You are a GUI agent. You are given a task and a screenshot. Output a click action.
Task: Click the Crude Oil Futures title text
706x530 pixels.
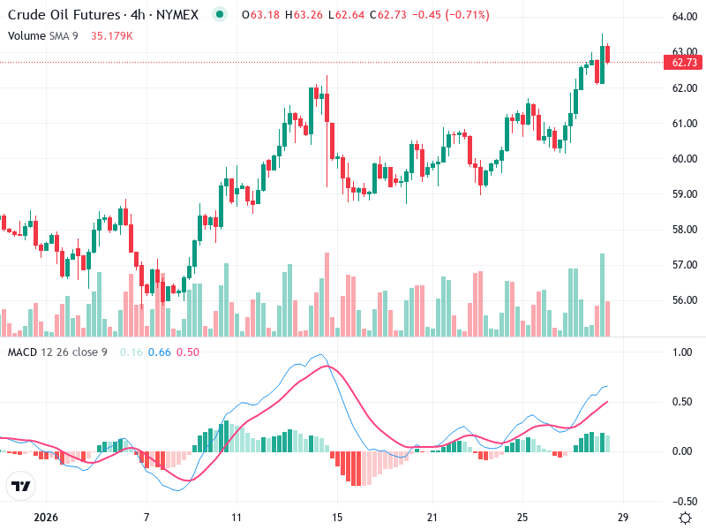point(63,15)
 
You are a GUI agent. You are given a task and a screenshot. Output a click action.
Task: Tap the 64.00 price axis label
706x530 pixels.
point(685,17)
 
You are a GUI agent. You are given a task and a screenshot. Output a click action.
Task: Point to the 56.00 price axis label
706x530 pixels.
point(685,300)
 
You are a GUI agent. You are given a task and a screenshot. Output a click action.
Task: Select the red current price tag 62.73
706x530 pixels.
point(685,63)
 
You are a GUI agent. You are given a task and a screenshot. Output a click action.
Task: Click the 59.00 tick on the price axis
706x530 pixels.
point(685,194)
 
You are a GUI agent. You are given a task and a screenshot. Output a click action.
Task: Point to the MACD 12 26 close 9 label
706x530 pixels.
point(57,352)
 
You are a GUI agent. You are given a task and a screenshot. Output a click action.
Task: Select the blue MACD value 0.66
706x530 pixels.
point(160,352)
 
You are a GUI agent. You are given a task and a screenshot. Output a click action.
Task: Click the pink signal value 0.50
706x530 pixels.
point(188,352)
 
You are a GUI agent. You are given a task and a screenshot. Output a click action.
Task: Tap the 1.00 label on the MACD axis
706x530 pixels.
point(681,352)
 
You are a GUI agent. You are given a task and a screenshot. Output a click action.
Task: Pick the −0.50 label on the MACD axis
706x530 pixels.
point(680,501)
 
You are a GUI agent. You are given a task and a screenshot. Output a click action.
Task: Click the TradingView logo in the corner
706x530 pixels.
point(21,486)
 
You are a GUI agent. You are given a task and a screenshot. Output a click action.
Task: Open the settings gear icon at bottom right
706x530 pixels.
point(685,517)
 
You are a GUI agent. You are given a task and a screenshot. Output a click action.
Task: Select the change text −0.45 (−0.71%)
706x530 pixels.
point(452,15)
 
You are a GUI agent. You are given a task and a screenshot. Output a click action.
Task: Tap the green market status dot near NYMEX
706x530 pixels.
point(220,15)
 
